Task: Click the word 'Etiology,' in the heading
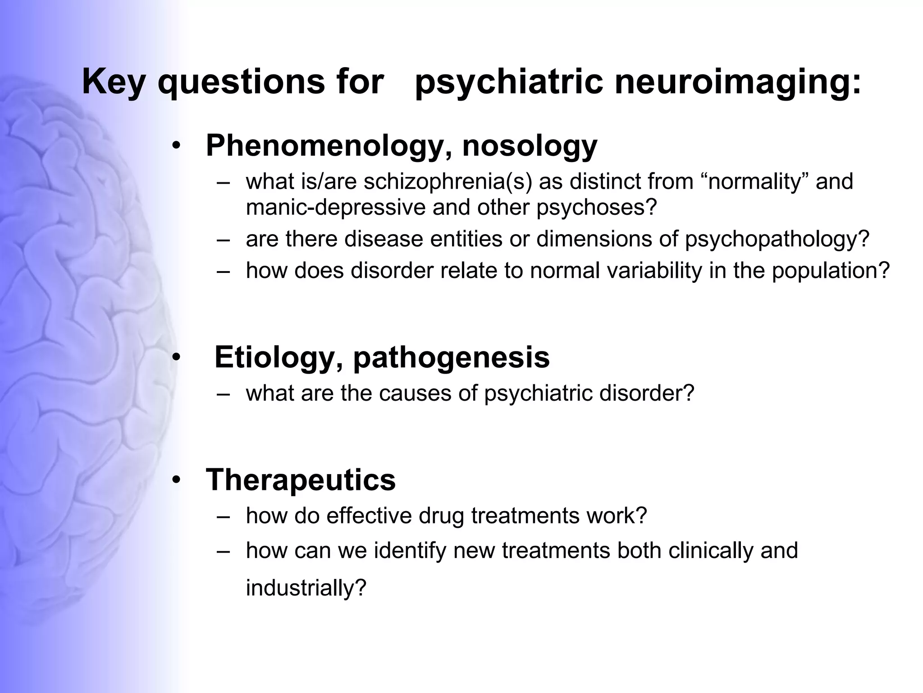279,357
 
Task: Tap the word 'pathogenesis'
451,357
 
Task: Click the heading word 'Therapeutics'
301,480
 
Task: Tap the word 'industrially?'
306,588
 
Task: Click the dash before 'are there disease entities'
223,240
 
